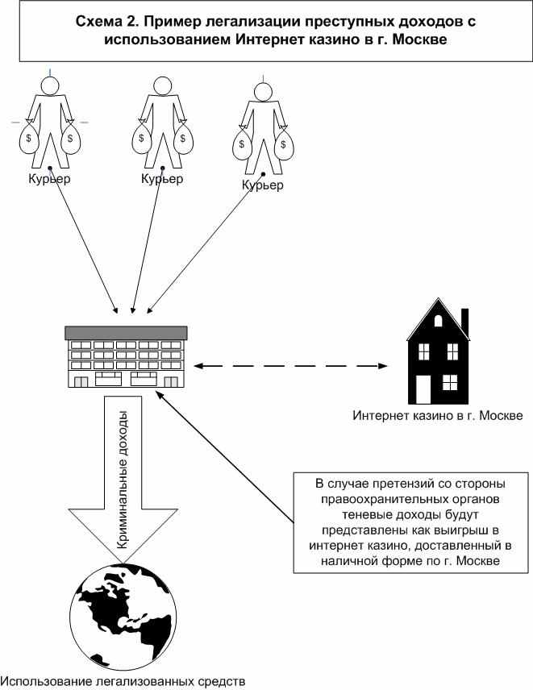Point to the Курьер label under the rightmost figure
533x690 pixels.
[263, 186]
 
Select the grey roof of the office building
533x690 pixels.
[127, 332]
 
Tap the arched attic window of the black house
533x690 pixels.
[438, 319]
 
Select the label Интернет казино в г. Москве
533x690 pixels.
[438, 416]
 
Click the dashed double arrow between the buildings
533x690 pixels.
[291, 368]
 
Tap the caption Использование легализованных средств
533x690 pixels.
[123, 681]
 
